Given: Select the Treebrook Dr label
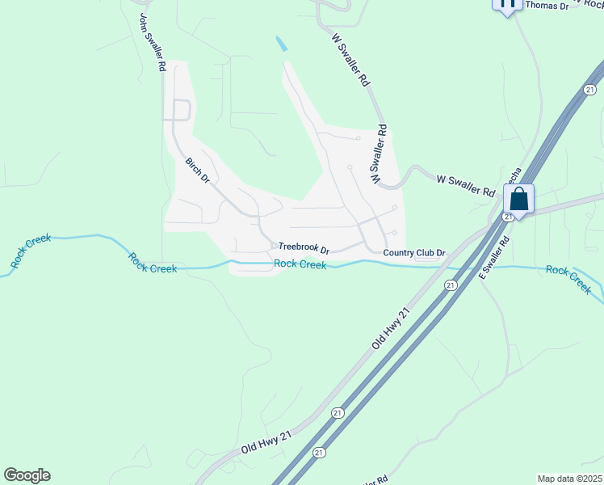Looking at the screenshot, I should click(x=304, y=248).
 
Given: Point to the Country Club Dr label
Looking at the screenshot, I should click(x=414, y=253).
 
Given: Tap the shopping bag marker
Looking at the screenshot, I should click(x=519, y=198).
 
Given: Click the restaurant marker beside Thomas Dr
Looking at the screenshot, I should click(x=506, y=4).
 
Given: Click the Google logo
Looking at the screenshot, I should click(x=27, y=475).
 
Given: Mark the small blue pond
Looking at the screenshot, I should click(x=281, y=44).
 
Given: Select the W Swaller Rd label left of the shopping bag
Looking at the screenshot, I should click(x=465, y=185).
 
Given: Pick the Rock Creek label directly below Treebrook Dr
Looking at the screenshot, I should click(x=300, y=264).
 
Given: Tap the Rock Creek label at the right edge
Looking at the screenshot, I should click(x=568, y=278).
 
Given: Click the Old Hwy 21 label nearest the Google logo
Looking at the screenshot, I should click(x=266, y=442).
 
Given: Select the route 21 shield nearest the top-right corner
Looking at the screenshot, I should click(x=591, y=90).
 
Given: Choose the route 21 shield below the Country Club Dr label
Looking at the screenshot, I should click(x=450, y=285).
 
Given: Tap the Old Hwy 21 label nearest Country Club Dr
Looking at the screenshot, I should click(x=392, y=327).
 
